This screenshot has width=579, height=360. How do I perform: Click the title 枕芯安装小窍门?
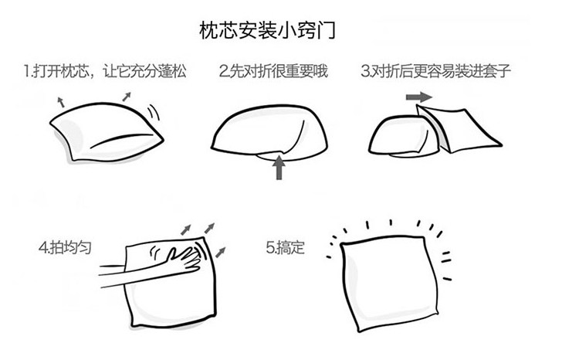coord(267,32)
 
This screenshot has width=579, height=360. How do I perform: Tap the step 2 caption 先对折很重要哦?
coord(273,73)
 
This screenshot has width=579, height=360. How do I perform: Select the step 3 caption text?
coord(436,73)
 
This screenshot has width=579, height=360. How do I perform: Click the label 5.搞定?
coord(286,248)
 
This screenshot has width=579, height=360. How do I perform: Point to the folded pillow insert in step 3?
coord(398,133)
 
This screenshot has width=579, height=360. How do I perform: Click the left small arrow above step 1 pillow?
coord(60,100)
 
